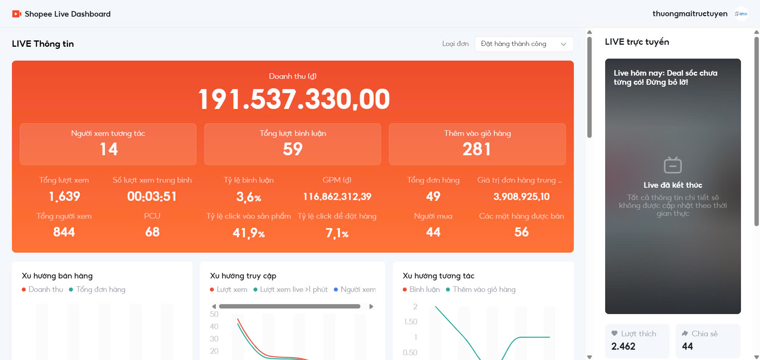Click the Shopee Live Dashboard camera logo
point(17,14)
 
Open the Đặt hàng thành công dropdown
point(524,44)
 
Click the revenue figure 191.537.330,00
point(294,99)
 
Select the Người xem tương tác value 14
point(109,149)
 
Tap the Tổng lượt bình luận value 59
point(293,149)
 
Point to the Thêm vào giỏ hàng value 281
point(477,149)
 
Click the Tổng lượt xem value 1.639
point(64,196)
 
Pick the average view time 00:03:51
point(152,196)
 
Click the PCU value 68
point(152,232)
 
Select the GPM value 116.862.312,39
point(337,197)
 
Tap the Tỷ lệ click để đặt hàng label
point(337,216)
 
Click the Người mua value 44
point(433,232)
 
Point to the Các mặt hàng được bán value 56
point(522,232)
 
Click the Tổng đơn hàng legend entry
point(97,290)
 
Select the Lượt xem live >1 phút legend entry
point(290,290)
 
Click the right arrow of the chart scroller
point(371,307)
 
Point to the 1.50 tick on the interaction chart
point(411,322)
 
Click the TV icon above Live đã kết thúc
point(672,165)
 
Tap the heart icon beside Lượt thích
point(614,333)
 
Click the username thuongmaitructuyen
point(690,14)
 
